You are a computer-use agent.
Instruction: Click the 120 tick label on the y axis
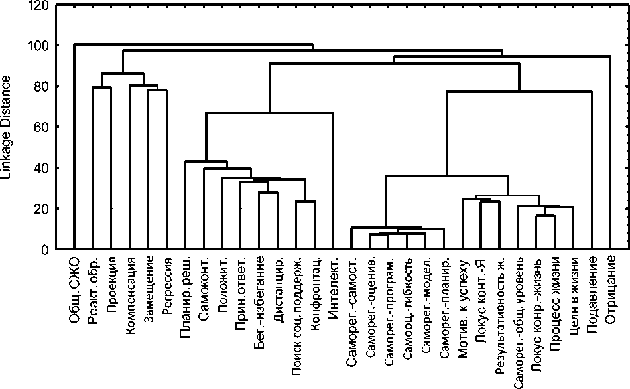37,6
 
